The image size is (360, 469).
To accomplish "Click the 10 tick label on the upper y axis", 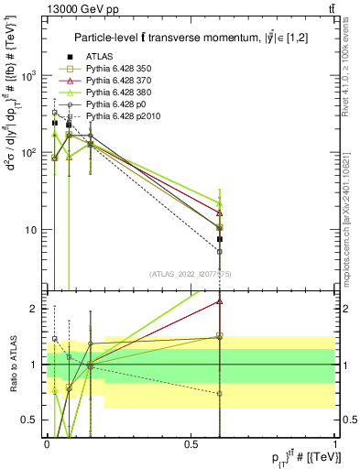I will (x=34, y=230).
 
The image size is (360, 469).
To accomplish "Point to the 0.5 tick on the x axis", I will (x=191, y=443).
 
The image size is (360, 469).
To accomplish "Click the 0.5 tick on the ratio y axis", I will (x=32, y=420).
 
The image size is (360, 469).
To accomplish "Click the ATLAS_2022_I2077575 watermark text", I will (x=191, y=275).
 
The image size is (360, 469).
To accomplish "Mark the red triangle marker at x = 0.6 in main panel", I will (x=219, y=213).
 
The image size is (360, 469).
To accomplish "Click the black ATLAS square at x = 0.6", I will (x=219, y=239).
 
